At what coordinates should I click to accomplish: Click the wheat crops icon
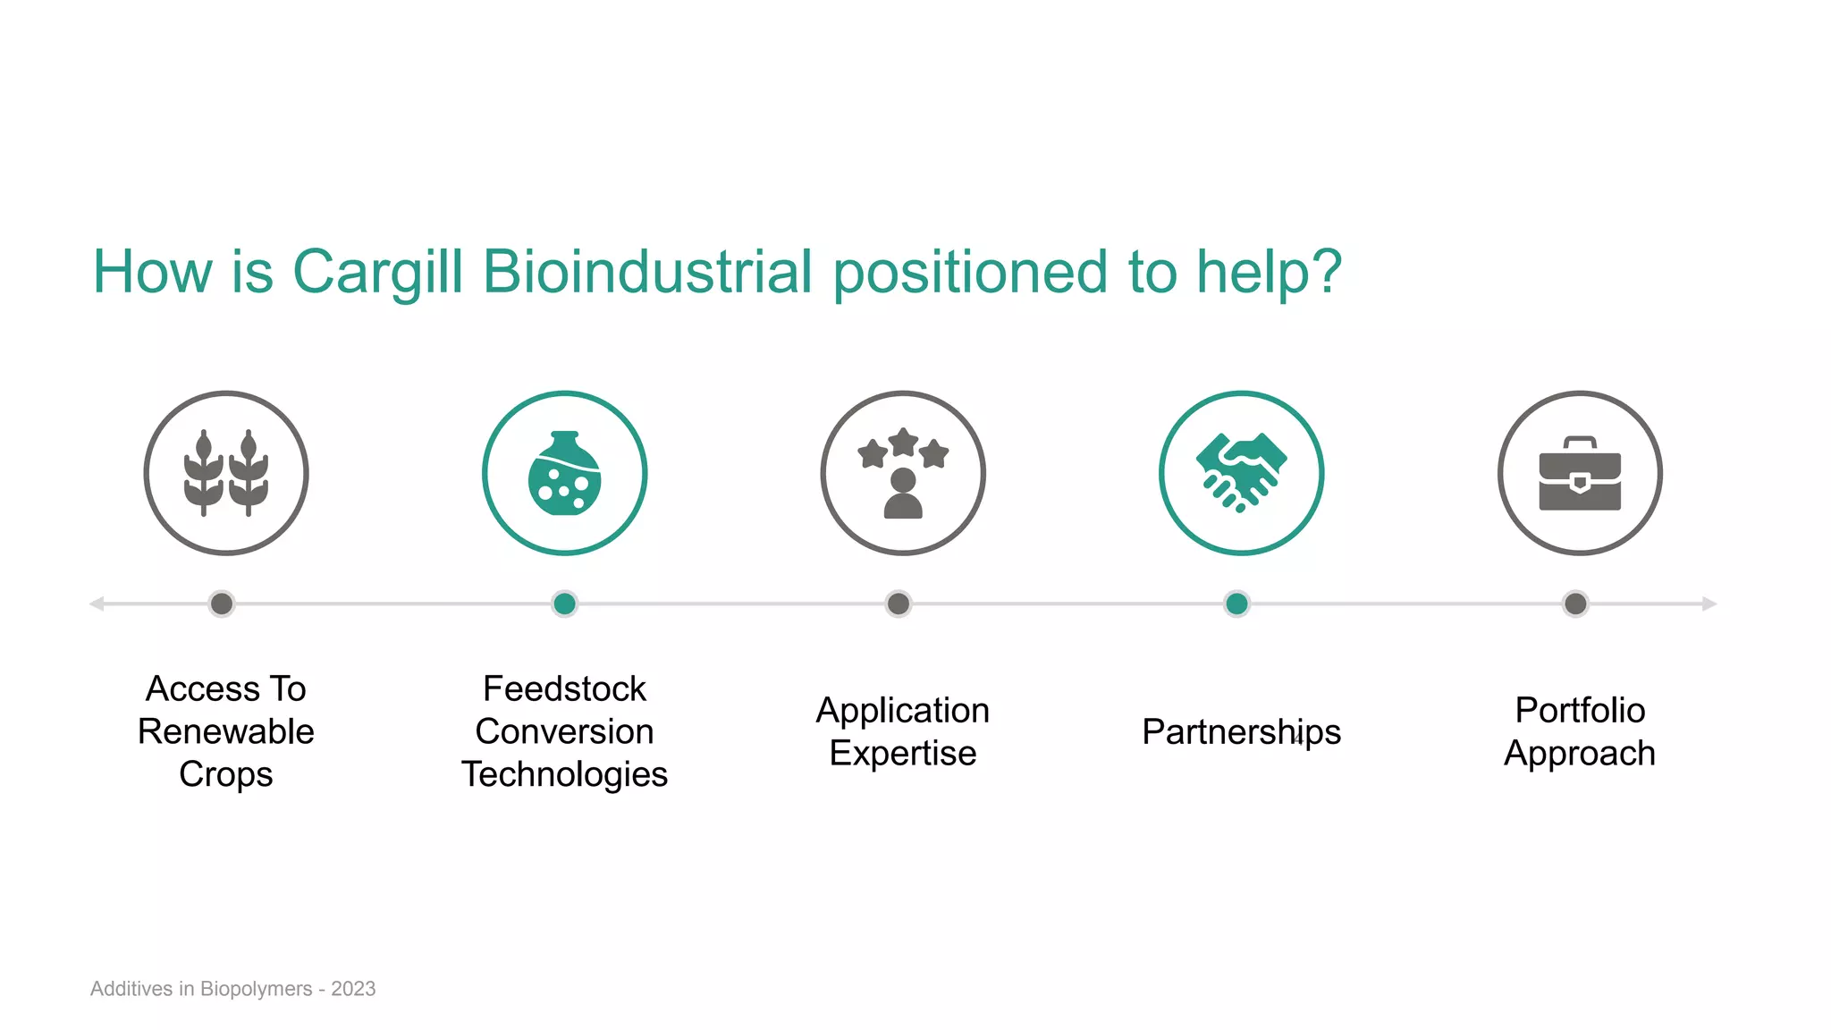click(226, 473)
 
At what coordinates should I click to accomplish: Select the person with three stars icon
click(903, 473)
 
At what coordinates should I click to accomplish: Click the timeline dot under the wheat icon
click(222, 604)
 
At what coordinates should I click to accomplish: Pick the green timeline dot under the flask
click(564, 604)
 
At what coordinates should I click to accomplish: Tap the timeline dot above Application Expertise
click(899, 604)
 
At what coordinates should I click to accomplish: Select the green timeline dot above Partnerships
click(1236, 604)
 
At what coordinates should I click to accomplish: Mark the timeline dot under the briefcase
click(1575, 604)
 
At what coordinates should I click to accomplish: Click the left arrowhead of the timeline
click(97, 604)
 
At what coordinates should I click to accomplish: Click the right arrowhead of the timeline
click(1709, 604)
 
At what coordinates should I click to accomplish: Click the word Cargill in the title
click(377, 272)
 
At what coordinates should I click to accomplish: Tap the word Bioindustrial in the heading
click(647, 272)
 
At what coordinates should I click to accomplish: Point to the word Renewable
click(226, 731)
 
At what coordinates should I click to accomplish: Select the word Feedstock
click(564, 688)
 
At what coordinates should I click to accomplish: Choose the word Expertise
click(903, 753)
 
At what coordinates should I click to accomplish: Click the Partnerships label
click(1241, 731)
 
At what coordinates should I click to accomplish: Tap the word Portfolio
click(1580, 710)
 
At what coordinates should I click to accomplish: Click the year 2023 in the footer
click(353, 989)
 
